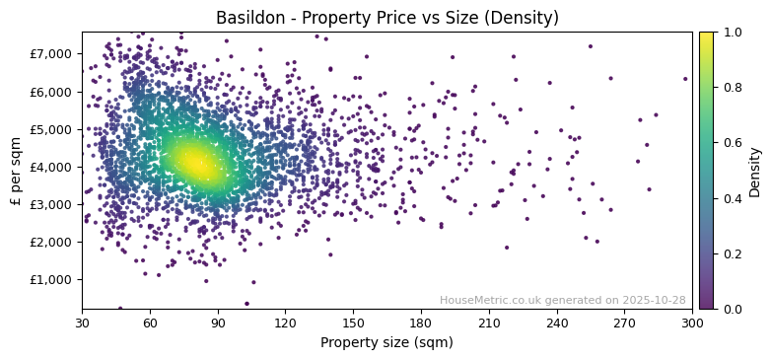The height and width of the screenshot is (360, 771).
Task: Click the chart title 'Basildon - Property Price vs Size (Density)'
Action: pyautogui.click(x=386, y=18)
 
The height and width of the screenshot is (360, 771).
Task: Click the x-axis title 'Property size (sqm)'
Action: pyautogui.click(x=386, y=343)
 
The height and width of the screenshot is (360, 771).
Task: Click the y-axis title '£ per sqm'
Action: pyautogui.click(x=17, y=171)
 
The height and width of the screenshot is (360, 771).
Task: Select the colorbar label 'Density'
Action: pyautogui.click(x=754, y=171)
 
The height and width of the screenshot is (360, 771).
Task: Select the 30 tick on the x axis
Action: pyautogui.click(x=82, y=323)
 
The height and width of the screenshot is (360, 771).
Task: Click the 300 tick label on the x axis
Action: pyautogui.click(x=692, y=323)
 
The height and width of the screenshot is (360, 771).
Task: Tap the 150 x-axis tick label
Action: pyautogui.click(x=353, y=323)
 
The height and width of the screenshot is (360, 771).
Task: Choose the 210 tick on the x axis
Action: pyautogui.click(x=489, y=323)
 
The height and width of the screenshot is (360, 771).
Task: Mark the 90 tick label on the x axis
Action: pyautogui.click(x=218, y=323)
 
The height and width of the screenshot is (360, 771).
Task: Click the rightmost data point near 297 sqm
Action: pyautogui.click(x=685, y=79)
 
